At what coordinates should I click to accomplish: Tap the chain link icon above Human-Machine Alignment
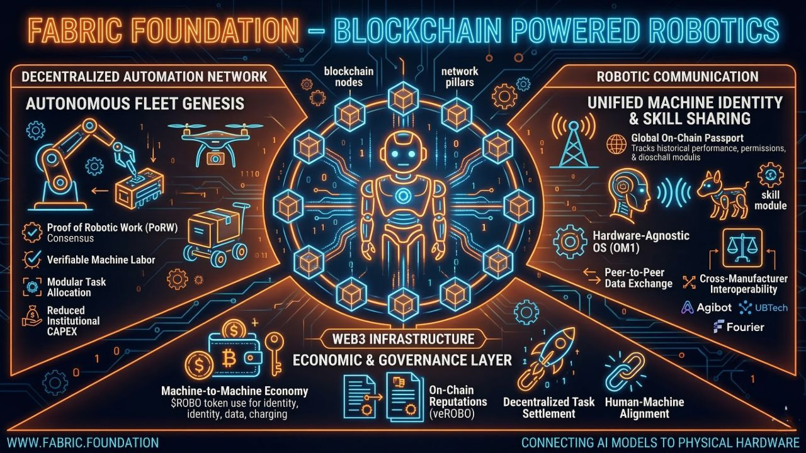click(625, 372)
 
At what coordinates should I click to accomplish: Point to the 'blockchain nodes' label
click(348, 77)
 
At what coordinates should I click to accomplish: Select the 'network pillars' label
click(460, 77)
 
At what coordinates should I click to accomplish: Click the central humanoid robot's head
click(403, 154)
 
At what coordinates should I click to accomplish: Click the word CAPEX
click(62, 331)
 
